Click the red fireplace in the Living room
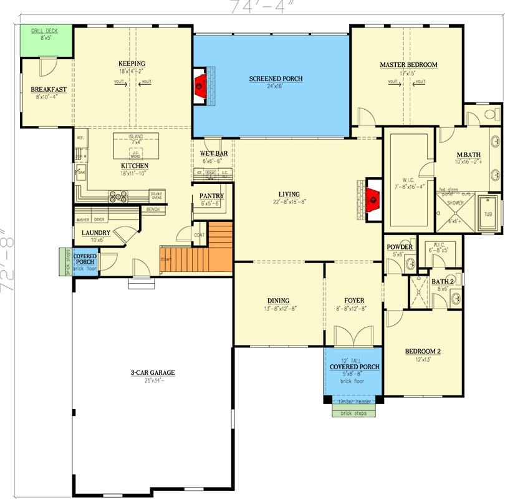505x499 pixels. click(373, 200)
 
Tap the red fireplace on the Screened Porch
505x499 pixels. click(200, 84)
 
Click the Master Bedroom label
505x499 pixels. click(408, 65)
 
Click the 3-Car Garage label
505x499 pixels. click(152, 373)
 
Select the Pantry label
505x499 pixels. click(211, 196)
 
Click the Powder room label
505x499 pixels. click(400, 247)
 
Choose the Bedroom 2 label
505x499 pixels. click(423, 352)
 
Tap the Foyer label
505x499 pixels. click(354, 301)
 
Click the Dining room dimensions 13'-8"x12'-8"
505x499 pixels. click(278, 308)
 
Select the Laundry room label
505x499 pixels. click(96, 233)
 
